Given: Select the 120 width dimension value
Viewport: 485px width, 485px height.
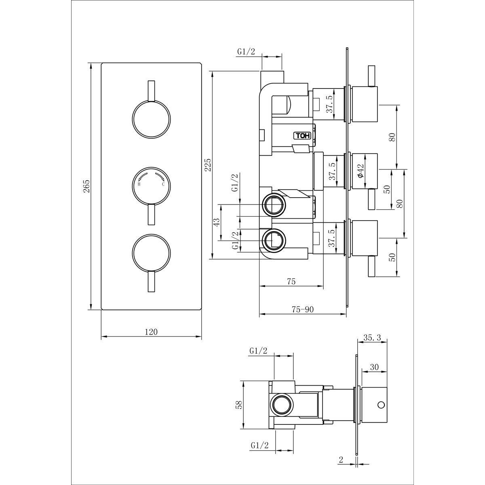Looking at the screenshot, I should point(151,332).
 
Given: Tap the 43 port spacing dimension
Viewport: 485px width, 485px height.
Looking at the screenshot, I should point(217,223).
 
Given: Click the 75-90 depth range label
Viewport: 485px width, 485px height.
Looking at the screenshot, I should point(302,309).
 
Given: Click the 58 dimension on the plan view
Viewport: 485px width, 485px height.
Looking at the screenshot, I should point(239,404).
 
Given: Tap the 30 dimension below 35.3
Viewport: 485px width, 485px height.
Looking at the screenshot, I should point(374,367).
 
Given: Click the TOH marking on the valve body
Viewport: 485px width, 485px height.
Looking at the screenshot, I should point(301,136).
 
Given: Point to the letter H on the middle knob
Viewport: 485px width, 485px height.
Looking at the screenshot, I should point(139,184).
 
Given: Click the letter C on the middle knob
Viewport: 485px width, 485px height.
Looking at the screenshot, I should point(163,184).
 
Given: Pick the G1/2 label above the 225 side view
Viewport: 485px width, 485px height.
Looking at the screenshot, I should point(246,52).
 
